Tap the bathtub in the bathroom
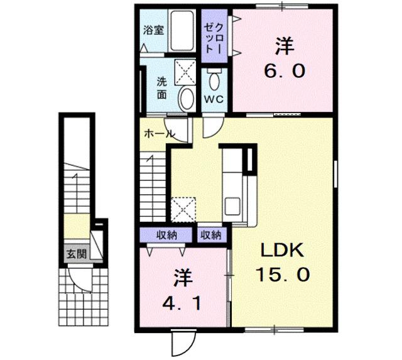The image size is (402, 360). point(183,31)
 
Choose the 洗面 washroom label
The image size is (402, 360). point(161,88)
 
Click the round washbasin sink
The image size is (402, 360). point(187,98)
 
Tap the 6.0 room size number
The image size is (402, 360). point(284,70)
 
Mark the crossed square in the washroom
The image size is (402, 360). point(185,71)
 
